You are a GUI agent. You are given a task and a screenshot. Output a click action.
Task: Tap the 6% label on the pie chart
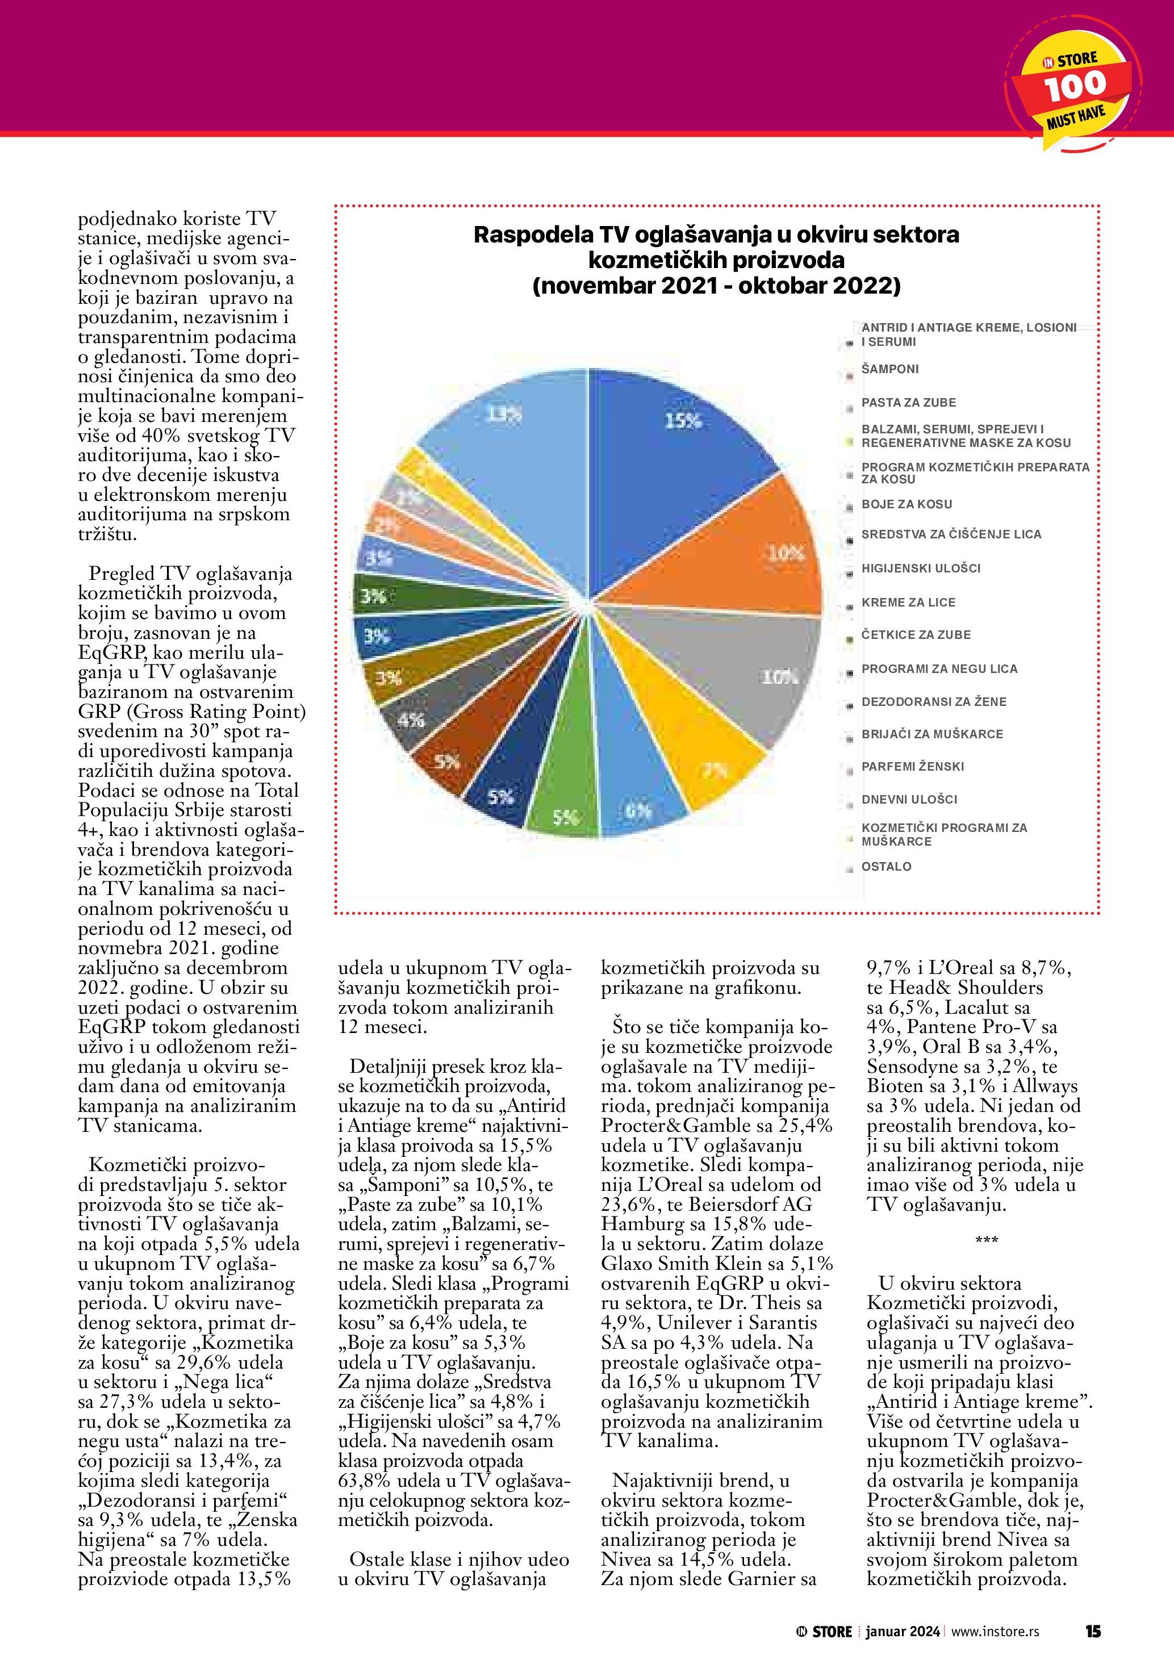click(638, 810)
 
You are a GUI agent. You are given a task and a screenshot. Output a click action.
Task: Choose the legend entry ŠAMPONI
click(890, 369)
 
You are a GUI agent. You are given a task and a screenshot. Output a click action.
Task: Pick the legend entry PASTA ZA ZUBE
click(908, 403)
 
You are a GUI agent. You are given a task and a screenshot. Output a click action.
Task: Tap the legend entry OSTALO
click(886, 866)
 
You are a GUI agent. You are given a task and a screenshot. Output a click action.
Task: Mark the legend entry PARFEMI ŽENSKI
click(912, 766)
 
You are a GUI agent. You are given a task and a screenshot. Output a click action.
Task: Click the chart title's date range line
click(716, 286)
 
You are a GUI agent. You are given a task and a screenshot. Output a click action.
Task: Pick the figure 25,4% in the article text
click(805, 1126)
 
